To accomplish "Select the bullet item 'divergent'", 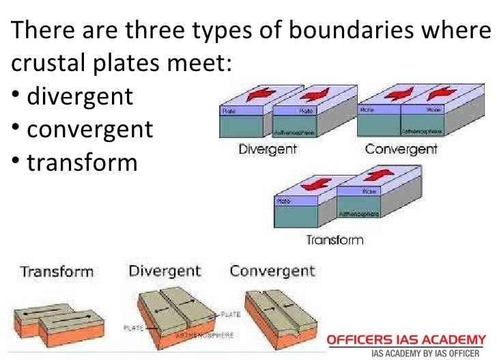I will tap(80, 96).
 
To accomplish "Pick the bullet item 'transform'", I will tap(82, 162).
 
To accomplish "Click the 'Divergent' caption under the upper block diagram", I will tap(267, 149).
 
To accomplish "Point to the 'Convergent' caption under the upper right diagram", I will tap(401, 149).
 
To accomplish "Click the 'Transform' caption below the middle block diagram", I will tap(334, 240).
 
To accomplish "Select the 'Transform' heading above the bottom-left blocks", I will tap(57, 272).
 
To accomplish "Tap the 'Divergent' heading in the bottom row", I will tap(165, 271).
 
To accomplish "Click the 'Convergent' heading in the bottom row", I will tap(272, 271).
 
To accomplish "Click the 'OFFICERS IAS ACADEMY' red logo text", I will tap(406, 340).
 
